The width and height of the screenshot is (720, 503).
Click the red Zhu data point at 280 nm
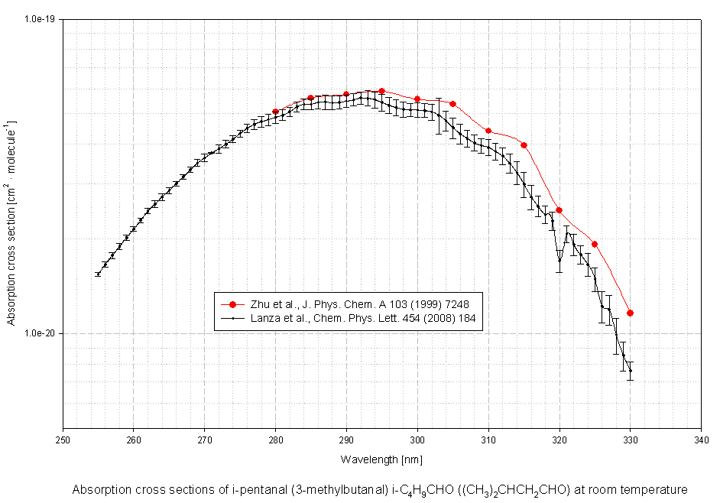[275, 112]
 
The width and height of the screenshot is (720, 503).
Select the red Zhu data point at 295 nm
[382, 91]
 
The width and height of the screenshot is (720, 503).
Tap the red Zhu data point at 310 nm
[488, 131]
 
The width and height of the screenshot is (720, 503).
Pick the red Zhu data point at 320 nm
[559, 210]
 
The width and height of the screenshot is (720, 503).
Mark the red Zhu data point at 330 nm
[630, 313]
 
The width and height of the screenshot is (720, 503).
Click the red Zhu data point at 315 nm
[524, 145]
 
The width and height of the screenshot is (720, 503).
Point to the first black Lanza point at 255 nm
[98, 274]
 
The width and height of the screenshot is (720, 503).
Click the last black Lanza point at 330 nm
[630, 371]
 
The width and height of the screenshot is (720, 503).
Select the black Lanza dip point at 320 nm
[559, 261]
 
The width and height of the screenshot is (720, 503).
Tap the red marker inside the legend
[232, 304]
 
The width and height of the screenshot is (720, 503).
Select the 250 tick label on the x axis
[63, 440]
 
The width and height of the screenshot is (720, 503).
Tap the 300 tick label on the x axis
[417, 440]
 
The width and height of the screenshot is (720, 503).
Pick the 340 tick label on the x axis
[701, 440]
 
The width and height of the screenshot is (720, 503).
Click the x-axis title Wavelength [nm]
[381, 459]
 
